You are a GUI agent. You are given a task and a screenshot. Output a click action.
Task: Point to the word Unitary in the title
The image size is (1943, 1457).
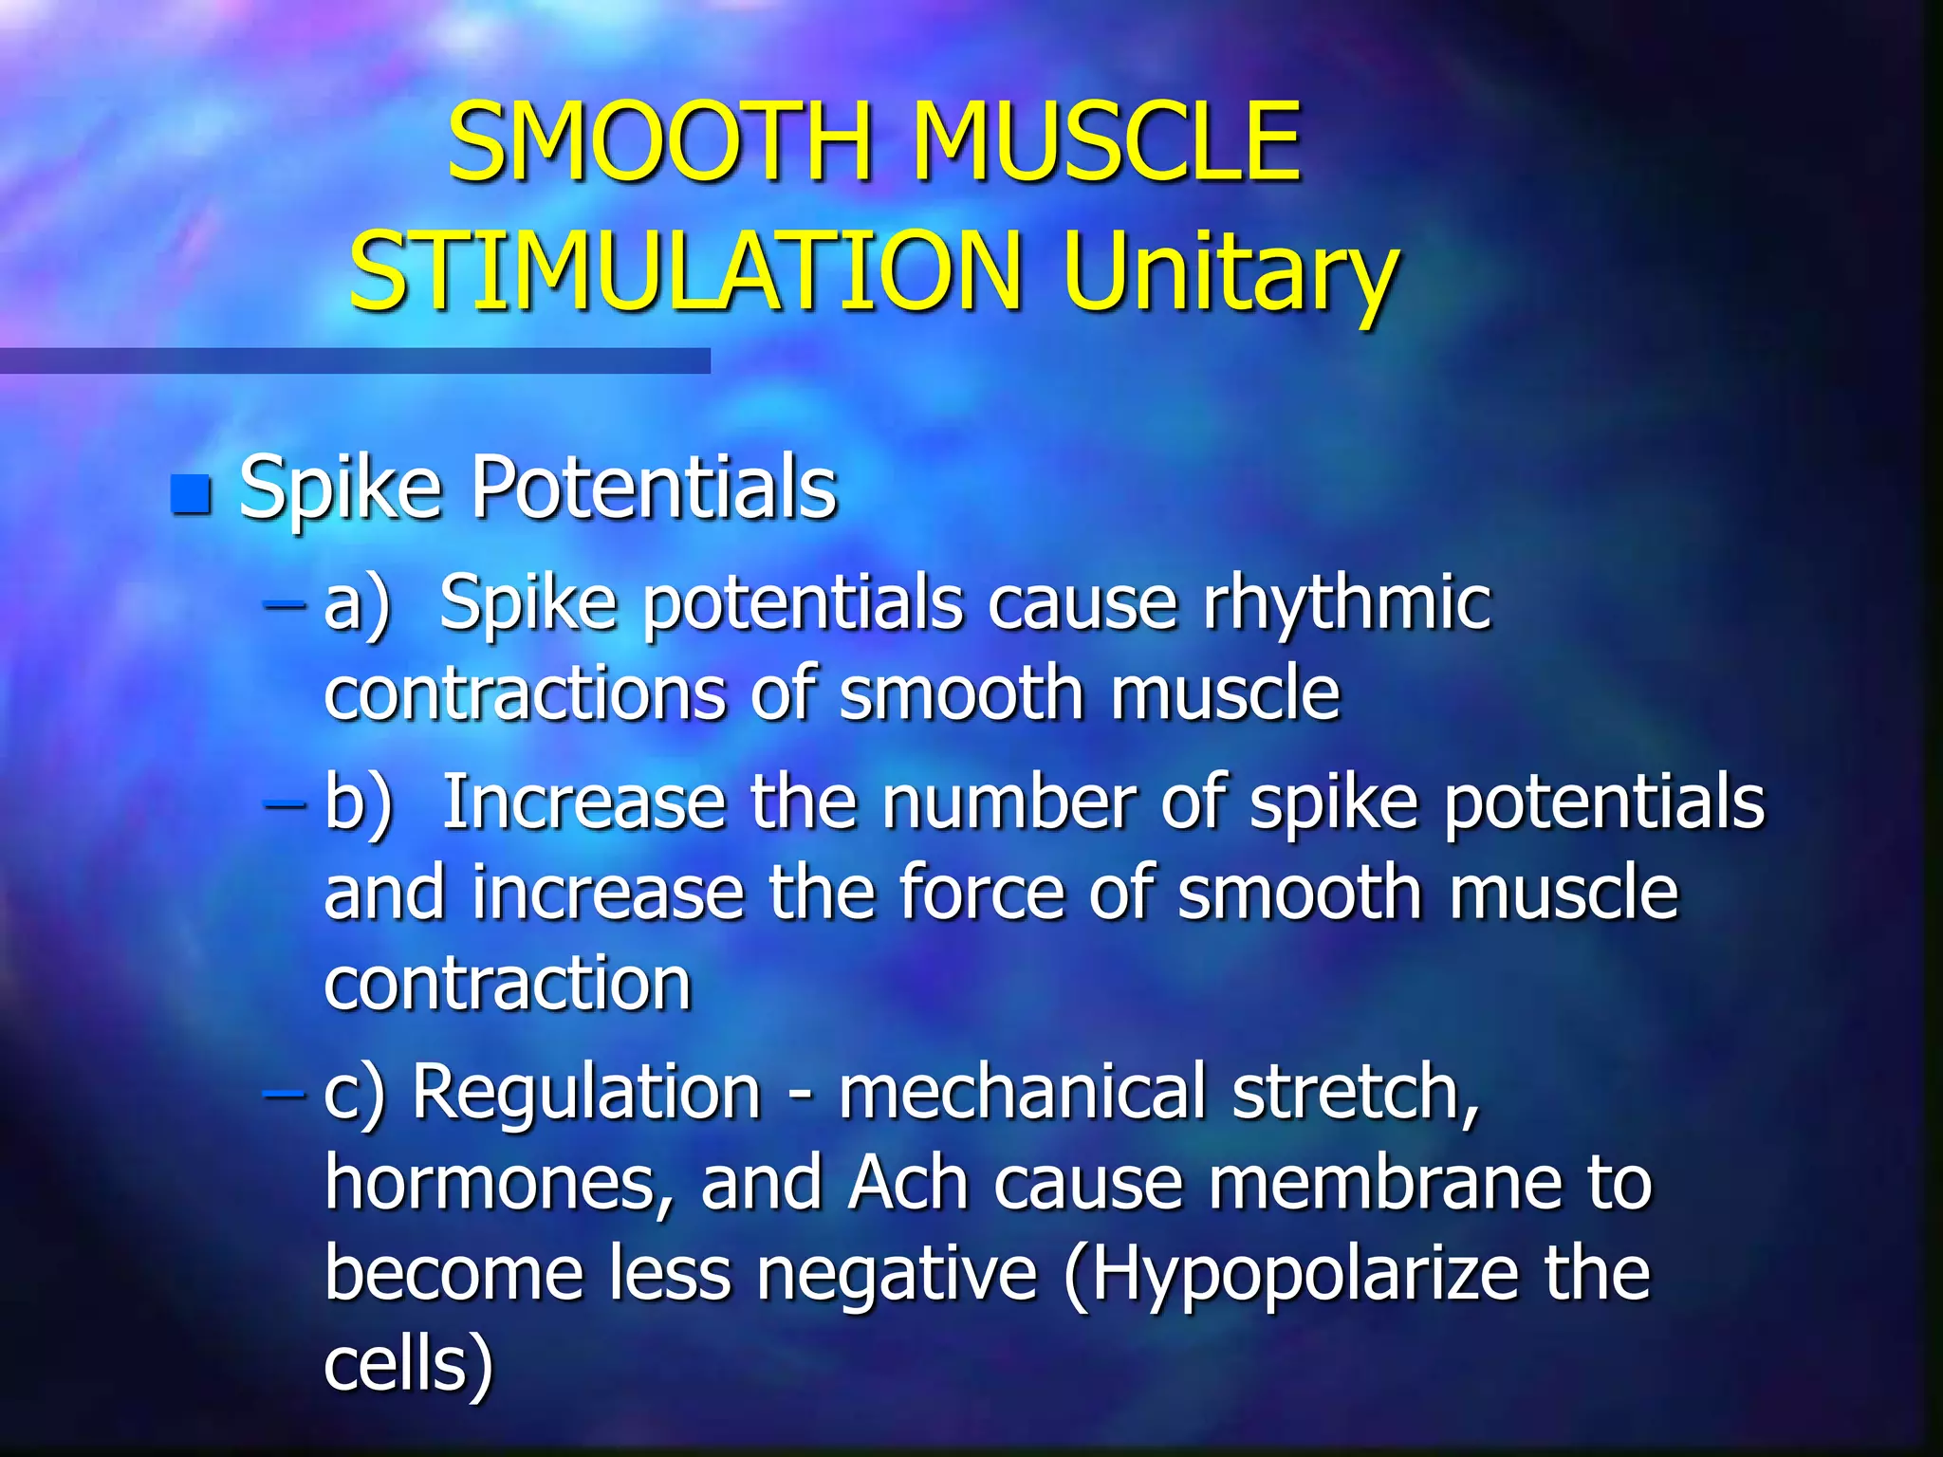click(1230, 275)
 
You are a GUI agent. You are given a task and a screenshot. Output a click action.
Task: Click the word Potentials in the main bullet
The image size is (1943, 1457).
click(654, 488)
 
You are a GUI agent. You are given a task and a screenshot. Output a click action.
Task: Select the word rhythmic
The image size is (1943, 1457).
click(1347, 605)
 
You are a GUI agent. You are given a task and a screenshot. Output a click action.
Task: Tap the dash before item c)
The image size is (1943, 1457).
click(285, 1094)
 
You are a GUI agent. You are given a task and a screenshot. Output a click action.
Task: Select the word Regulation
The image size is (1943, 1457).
click(586, 1093)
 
